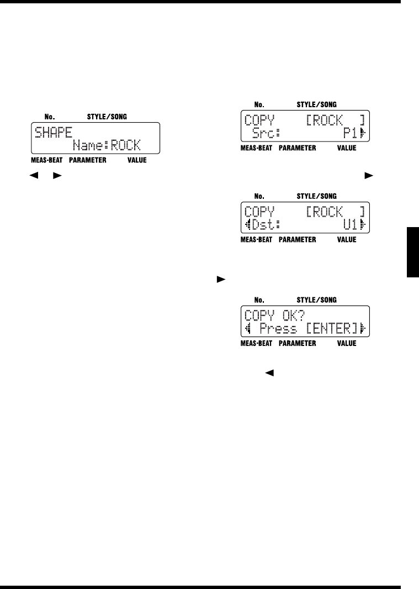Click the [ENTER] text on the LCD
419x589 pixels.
333,330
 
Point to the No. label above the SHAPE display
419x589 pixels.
49,117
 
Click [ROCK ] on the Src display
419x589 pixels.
336,120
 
